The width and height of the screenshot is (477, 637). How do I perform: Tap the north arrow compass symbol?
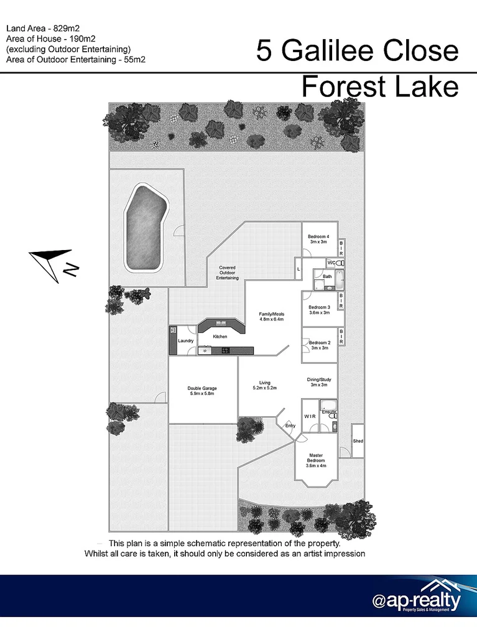pos(55,263)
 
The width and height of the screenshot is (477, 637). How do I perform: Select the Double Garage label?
pos(201,391)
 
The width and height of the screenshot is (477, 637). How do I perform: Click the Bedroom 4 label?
pos(318,239)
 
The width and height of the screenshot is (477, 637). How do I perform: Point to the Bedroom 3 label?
pos(318,310)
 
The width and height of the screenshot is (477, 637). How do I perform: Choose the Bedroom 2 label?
pos(319,345)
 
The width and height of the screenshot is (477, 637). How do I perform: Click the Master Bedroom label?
pos(315,460)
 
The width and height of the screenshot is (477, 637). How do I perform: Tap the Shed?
pos(358,440)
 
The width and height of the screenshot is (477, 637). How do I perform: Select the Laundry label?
pos(186,341)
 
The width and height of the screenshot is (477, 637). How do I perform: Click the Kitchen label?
pos(220,337)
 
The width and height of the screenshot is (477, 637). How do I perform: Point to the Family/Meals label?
pos(271,317)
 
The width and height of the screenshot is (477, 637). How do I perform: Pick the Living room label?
pos(264,385)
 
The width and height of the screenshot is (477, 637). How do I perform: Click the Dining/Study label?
pos(318,382)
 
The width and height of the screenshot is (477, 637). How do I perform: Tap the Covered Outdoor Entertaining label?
pos(227,272)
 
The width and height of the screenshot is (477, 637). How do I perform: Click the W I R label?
pos(308,416)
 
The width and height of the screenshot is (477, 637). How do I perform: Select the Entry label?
pos(290,425)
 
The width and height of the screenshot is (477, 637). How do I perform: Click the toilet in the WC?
pos(340,264)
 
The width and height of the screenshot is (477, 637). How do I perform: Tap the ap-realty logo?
pos(417,600)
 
